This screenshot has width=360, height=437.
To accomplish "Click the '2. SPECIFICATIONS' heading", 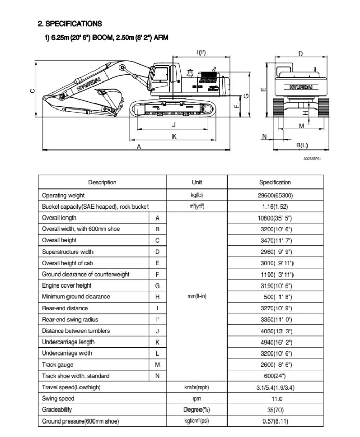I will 70,24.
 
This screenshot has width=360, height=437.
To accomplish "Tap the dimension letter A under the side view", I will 139,147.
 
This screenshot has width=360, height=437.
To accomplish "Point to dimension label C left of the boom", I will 33,92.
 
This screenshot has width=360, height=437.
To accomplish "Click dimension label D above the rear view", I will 301,54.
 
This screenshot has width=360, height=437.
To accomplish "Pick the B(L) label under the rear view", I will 301,145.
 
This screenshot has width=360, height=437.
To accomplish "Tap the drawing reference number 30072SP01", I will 313,159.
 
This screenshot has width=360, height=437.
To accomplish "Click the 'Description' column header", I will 102,182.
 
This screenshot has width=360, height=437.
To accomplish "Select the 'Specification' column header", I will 275,182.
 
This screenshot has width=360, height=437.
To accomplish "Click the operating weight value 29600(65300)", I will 275,195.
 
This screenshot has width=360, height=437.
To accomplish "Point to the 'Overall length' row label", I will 59,218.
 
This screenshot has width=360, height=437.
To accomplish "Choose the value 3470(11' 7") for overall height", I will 275,240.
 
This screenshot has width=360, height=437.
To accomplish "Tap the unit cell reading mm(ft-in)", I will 197,297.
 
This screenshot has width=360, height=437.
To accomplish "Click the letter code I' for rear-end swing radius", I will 157,319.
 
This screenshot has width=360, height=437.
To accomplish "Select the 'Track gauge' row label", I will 58,365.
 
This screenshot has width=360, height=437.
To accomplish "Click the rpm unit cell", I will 197,399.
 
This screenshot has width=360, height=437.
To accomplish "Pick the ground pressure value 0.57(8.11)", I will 275,421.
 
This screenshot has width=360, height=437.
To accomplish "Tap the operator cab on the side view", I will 162,77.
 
